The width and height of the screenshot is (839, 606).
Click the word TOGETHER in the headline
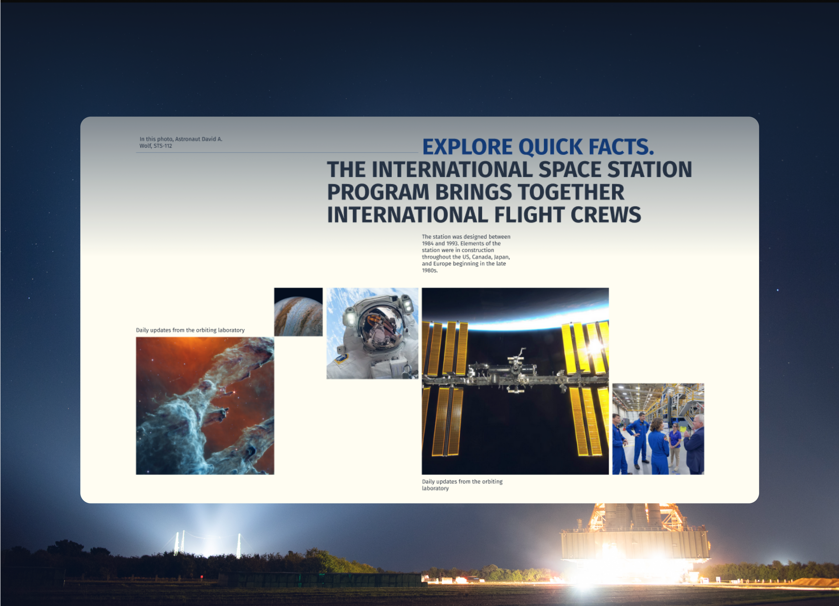point(571,192)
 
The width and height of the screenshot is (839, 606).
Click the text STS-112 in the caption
point(163,146)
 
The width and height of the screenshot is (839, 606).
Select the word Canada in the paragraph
point(482,257)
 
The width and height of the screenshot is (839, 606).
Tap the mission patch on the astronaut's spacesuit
point(341,359)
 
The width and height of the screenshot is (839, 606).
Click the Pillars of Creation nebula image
point(205,406)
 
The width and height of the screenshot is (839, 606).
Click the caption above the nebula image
point(190,330)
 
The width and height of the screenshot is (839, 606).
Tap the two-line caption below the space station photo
point(462,485)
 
